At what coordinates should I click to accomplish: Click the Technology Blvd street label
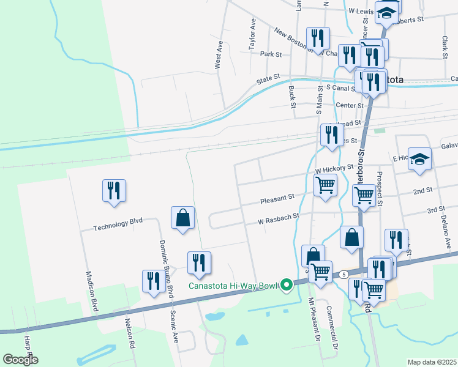(x=118, y=226)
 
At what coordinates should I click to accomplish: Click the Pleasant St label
(x=277, y=198)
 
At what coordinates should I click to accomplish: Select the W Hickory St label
(x=334, y=167)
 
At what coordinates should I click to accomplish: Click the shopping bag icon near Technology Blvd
(x=182, y=217)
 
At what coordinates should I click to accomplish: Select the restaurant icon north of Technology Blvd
(x=114, y=190)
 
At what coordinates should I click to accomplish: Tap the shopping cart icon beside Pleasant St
(x=325, y=184)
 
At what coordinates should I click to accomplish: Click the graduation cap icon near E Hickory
(x=419, y=158)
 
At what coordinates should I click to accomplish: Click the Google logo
(x=20, y=360)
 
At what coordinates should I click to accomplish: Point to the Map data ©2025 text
(x=432, y=362)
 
